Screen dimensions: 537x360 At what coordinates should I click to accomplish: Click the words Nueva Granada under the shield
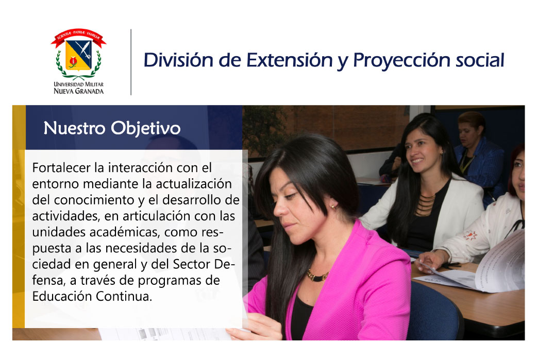[78, 91]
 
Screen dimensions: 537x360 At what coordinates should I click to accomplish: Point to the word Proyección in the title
[401, 61]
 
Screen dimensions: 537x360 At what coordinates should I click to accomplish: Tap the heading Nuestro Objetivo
[112, 129]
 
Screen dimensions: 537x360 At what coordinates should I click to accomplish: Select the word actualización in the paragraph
[194, 184]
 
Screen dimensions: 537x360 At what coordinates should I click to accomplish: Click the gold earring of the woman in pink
[332, 207]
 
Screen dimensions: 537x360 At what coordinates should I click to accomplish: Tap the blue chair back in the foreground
[434, 312]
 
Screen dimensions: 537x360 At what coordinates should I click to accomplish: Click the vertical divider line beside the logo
[131, 62]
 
